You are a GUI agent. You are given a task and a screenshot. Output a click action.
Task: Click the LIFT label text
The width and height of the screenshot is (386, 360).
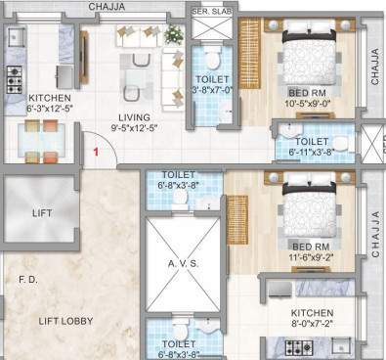click(x=41, y=211)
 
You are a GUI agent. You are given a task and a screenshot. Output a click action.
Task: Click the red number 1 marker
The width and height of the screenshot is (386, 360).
click(x=96, y=151)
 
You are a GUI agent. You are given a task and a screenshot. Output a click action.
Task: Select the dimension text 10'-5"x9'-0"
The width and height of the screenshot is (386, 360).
click(x=313, y=101)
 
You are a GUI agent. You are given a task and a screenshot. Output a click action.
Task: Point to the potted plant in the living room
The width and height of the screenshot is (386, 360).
click(x=174, y=34)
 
